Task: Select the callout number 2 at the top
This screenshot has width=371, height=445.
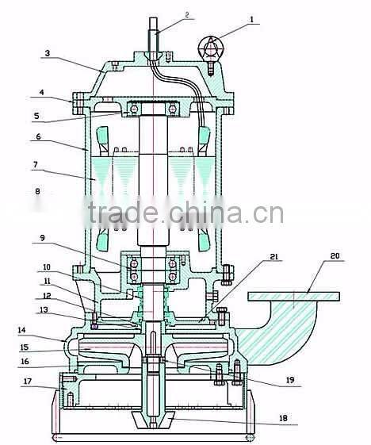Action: [x=187, y=14]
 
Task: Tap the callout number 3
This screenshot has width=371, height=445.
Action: [x=47, y=55]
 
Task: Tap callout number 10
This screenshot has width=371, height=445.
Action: [x=47, y=267]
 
